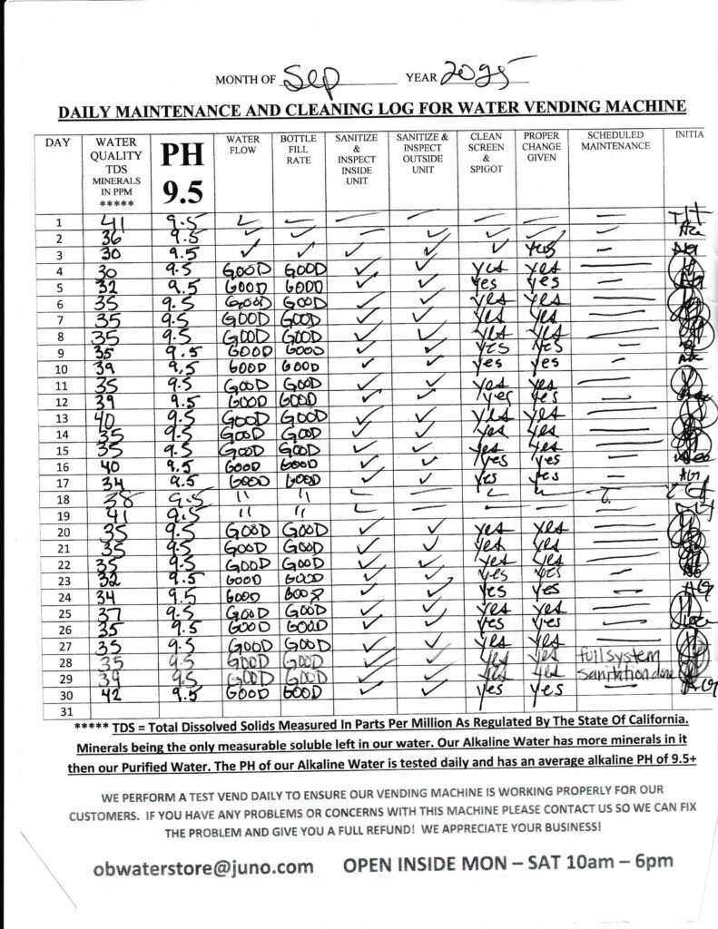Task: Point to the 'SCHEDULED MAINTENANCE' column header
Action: (x=615, y=140)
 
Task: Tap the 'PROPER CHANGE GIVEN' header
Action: (x=542, y=146)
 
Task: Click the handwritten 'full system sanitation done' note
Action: (x=618, y=664)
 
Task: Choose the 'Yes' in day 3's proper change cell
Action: (x=539, y=251)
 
